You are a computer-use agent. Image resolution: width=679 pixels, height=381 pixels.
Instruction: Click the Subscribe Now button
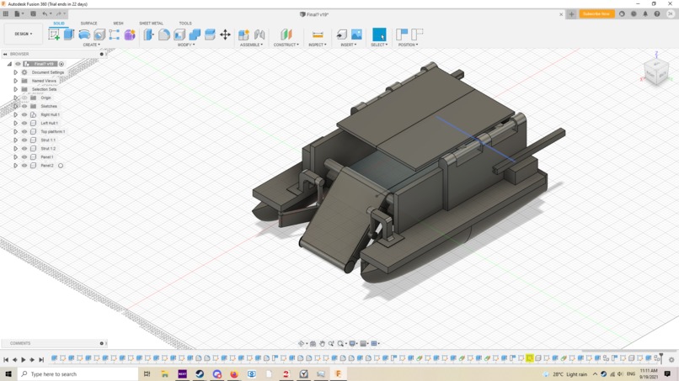coord(596,14)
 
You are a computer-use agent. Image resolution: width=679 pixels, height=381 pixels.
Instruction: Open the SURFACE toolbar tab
coord(88,24)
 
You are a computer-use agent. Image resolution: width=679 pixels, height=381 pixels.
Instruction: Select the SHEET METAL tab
coord(151,24)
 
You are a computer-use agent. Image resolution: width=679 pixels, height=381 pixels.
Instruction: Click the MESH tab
coord(118,24)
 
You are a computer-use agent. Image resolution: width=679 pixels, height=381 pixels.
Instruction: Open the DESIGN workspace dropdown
coord(23,34)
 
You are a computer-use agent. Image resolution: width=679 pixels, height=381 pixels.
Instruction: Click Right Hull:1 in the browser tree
coord(50,114)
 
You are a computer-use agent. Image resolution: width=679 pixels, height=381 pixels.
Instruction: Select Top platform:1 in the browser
coord(52,131)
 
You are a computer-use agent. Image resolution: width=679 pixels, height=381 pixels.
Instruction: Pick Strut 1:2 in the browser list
coord(48,148)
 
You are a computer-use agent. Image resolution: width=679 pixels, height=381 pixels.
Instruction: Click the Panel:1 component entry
coord(47,156)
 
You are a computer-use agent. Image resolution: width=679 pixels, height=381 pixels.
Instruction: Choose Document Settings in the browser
coord(48,72)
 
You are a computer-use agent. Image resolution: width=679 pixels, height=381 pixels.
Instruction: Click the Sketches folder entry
coord(49,106)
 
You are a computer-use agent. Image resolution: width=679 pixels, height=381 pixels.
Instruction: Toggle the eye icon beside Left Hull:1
coord(24,123)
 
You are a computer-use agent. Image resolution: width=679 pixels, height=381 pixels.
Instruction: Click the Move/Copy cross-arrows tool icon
coord(225,34)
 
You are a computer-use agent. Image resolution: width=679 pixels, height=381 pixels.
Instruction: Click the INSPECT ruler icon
coord(318,34)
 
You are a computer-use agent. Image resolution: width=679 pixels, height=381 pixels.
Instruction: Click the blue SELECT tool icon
coord(379,34)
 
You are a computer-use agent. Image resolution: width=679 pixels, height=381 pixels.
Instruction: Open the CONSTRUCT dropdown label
coord(286,45)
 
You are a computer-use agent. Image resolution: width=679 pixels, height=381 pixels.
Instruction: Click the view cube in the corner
coord(655,71)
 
